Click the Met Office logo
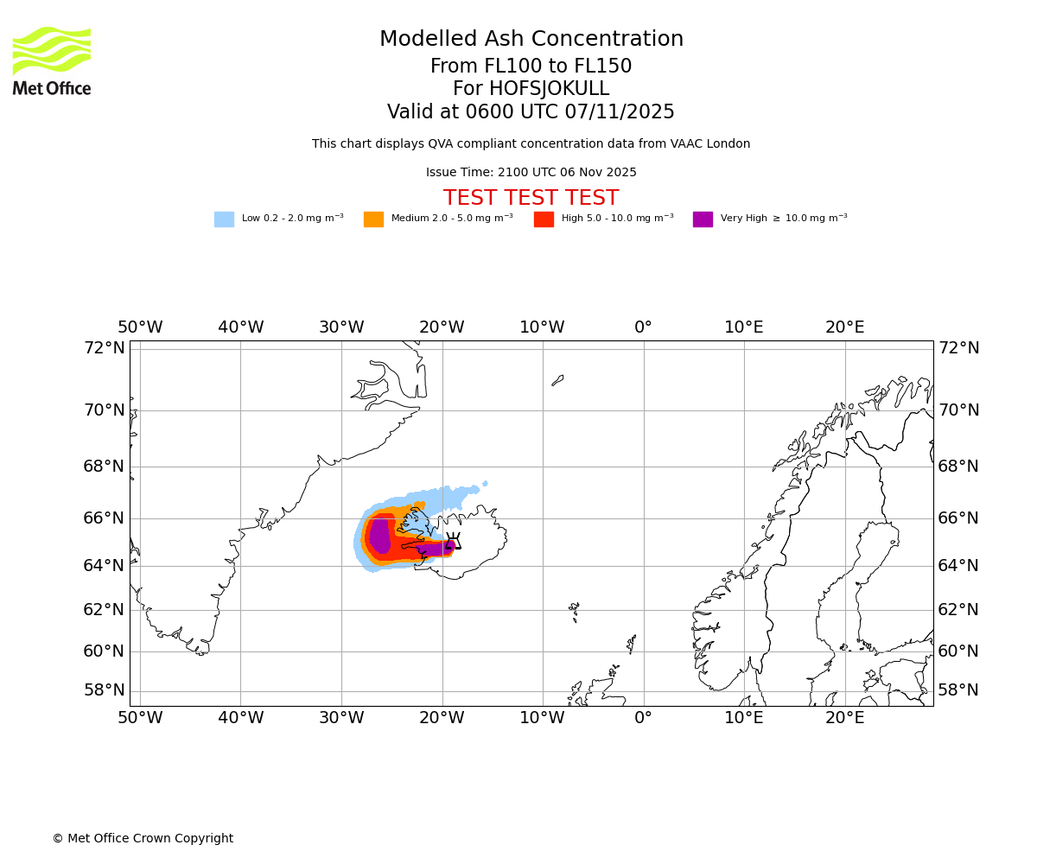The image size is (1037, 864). tap(52, 61)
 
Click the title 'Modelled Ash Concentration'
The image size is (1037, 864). tap(531, 40)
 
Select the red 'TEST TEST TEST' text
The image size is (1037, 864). tap(531, 198)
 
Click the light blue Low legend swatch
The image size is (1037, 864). tap(224, 219)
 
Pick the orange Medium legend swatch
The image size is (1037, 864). tap(373, 219)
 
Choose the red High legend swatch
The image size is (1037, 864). tap(544, 219)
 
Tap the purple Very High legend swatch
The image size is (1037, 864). tap(703, 219)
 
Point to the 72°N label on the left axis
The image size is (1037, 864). tap(104, 348)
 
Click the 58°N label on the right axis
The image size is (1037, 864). tap(958, 690)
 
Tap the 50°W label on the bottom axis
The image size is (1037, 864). tap(140, 717)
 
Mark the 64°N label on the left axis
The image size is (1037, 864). tap(104, 566)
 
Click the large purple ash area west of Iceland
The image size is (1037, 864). tap(379, 536)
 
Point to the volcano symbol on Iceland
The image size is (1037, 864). tap(453, 543)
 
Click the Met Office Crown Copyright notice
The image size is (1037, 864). tap(143, 839)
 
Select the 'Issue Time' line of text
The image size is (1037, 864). tap(531, 173)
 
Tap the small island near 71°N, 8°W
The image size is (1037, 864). tap(557, 380)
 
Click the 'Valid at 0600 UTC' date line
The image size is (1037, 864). tap(531, 112)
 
